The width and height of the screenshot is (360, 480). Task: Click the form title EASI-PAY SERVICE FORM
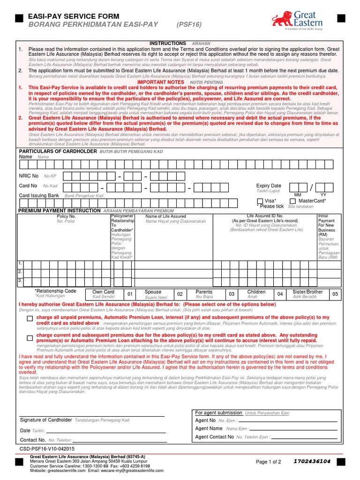click(74, 16)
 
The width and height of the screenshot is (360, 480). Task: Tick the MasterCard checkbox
click(293, 201)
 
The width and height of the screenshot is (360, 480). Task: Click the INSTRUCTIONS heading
click(168, 43)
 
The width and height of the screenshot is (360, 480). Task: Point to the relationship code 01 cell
click(131, 294)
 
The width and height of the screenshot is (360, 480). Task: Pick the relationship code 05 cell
click(335, 294)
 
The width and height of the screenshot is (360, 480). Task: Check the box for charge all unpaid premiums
click(30, 318)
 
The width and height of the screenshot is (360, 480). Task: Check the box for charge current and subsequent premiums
click(30, 337)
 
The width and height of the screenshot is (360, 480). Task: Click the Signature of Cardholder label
click(46, 420)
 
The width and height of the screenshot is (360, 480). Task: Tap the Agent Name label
click(209, 428)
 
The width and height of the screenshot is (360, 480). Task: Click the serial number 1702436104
click(312, 461)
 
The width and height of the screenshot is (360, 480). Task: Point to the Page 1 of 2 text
click(269, 462)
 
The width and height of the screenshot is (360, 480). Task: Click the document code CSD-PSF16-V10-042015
click(47, 449)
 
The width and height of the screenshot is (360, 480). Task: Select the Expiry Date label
click(269, 186)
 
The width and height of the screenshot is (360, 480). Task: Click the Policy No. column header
click(66, 217)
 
